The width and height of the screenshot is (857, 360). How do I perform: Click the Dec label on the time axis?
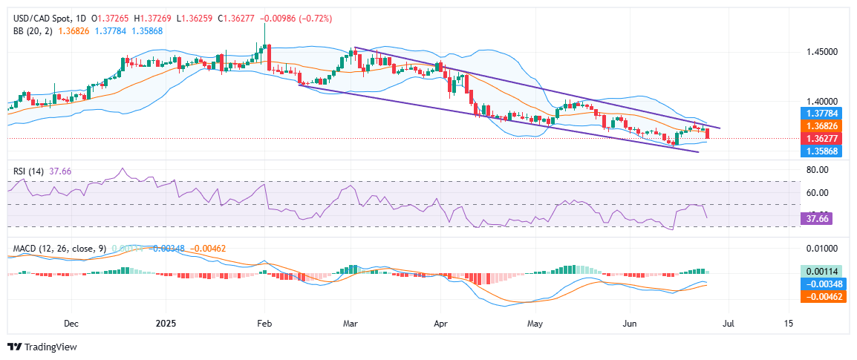pyautogui.click(x=71, y=324)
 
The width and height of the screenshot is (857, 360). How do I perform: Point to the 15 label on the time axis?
pyautogui.click(x=788, y=324)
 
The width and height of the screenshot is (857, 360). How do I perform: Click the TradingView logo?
pyautogui.click(x=42, y=347)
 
